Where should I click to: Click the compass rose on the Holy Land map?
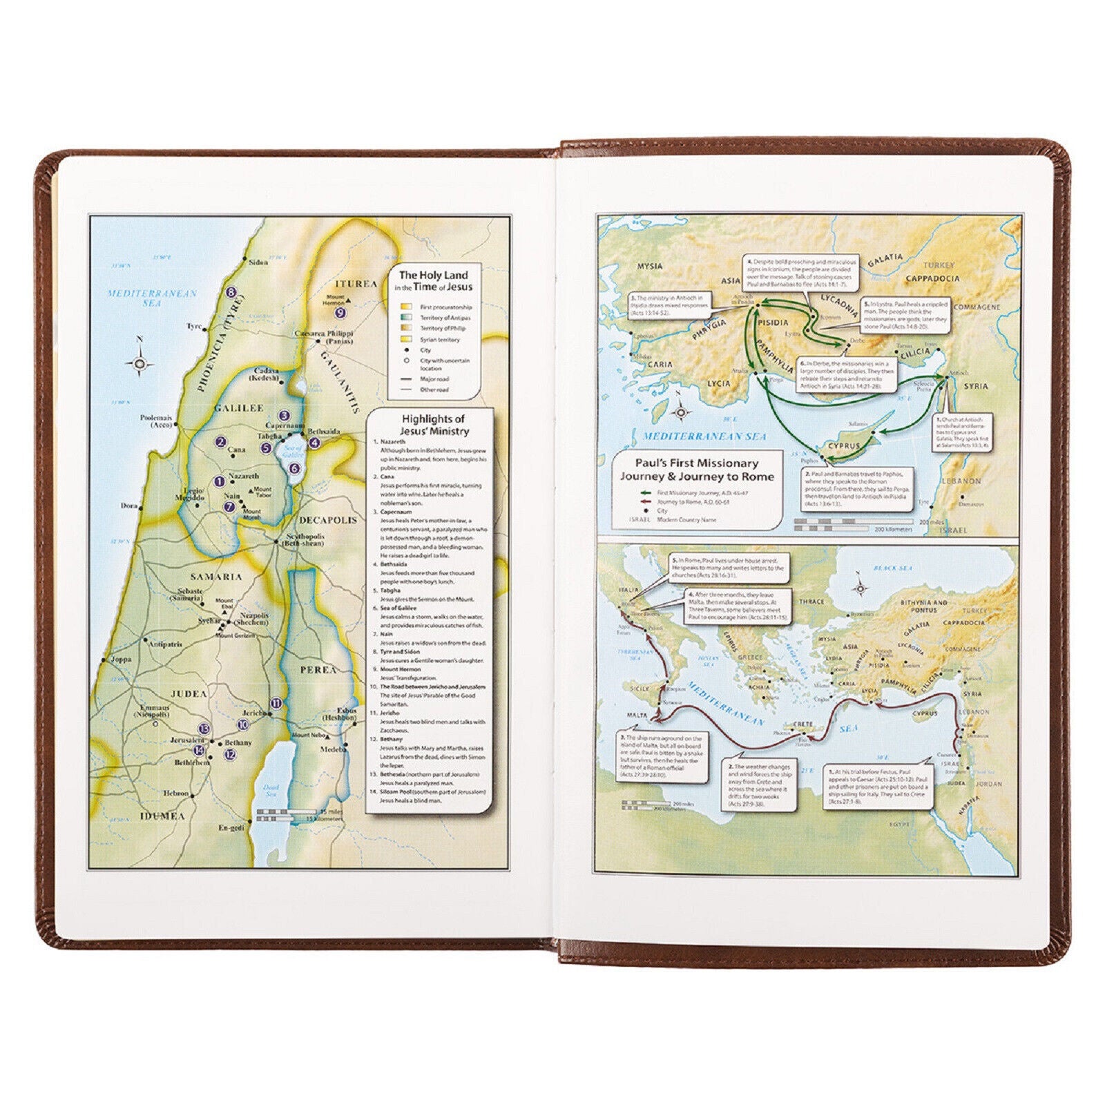click(140, 363)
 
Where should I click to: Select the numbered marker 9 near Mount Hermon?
click(340, 313)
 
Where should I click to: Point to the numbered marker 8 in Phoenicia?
click(231, 292)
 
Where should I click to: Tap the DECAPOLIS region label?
click(328, 520)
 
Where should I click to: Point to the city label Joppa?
click(122, 660)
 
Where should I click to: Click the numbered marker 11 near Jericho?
click(276, 703)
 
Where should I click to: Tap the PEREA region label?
click(318, 669)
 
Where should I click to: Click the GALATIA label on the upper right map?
click(885, 260)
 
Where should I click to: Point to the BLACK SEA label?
click(893, 568)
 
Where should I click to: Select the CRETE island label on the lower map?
click(803, 724)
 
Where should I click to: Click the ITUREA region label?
click(356, 284)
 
